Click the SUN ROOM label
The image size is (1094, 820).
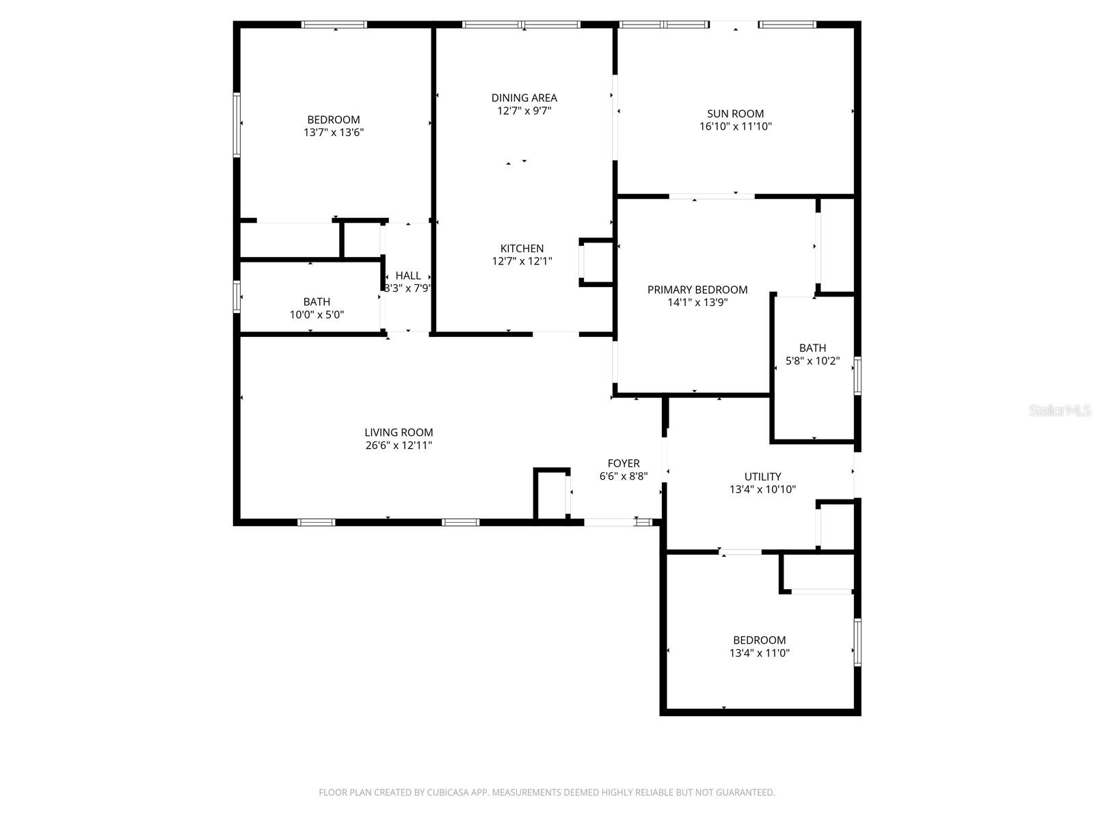click(735, 113)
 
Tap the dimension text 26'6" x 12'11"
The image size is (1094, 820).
click(399, 446)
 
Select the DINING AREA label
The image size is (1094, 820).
click(524, 98)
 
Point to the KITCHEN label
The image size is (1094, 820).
click(522, 249)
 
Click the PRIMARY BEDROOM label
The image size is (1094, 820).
click(697, 290)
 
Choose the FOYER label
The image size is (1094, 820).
click(624, 463)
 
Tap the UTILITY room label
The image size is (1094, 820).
click(762, 476)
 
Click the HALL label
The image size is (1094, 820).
click(408, 275)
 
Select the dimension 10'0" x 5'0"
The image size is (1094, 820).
click(317, 315)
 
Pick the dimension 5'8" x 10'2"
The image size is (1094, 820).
click(812, 361)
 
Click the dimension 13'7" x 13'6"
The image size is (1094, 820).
click(334, 133)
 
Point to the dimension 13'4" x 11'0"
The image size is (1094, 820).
click(759, 653)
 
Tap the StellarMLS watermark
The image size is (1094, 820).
click(1060, 411)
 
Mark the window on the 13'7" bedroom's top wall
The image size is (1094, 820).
click(334, 25)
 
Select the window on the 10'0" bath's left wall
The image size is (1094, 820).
click(237, 297)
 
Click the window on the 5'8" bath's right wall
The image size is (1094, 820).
click(857, 376)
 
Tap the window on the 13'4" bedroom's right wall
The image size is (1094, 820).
click(857, 642)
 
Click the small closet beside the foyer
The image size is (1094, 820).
click(551, 493)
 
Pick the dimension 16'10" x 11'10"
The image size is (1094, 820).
click(735, 126)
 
